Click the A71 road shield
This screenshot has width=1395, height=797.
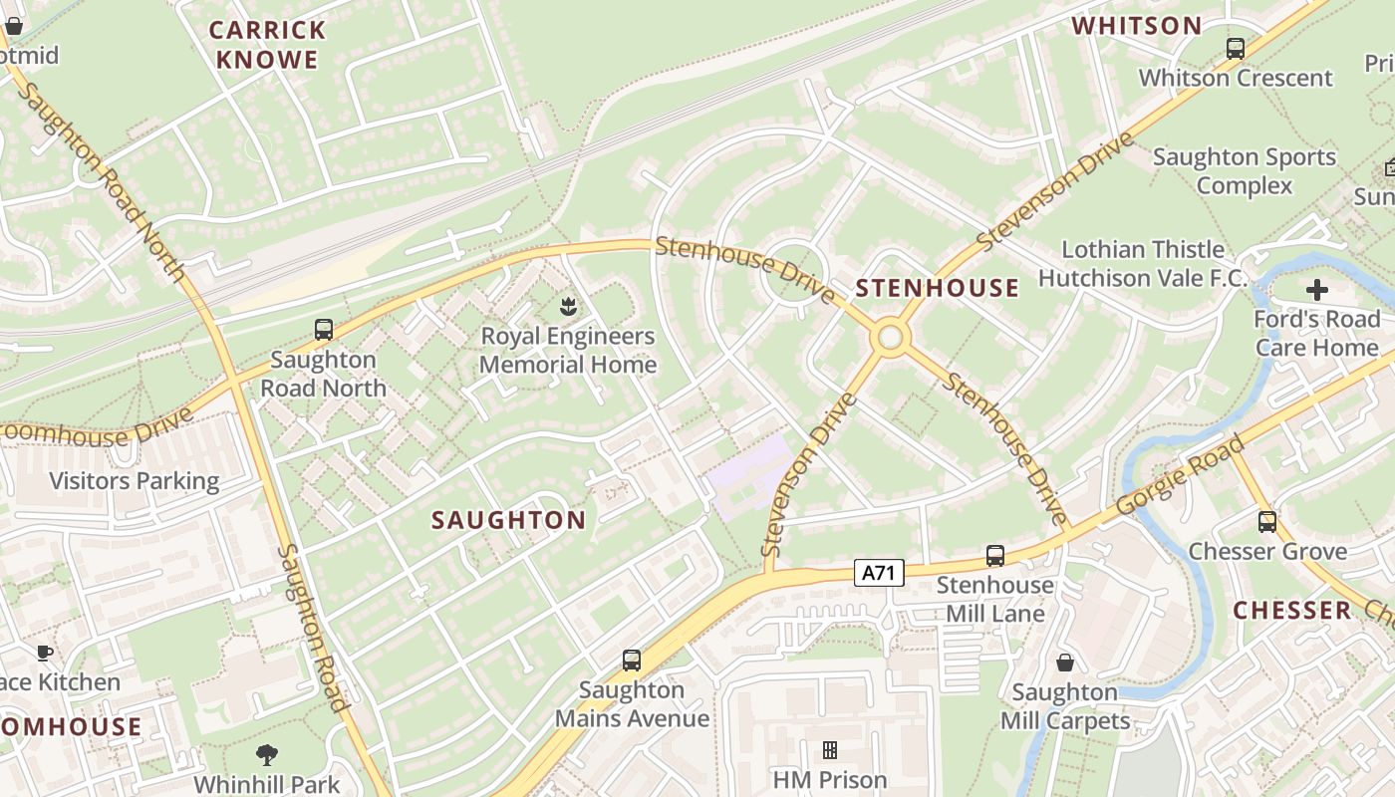click(x=879, y=573)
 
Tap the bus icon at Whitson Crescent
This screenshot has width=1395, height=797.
click(x=1236, y=48)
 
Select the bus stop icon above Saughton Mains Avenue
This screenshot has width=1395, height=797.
click(x=631, y=660)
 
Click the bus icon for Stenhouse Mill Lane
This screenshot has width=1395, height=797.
click(x=994, y=556)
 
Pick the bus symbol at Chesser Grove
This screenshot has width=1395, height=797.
click(x=1266, y=521)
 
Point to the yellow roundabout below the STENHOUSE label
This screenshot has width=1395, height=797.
click(x=890, y=339)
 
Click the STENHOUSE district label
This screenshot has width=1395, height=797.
click(x=938, y=289)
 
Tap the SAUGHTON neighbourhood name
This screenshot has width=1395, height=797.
click(x=508, y=520)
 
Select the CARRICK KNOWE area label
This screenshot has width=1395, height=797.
click(x=267, y=45)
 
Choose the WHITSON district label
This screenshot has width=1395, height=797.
click(x=1136, y=26)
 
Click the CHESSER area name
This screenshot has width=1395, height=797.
click(x=1291, y=611)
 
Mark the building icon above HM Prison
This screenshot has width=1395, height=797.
click(x=829, y=750)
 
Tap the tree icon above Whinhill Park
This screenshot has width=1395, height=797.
click(x=266, y=754)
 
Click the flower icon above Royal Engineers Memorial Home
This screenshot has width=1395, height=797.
click(x=568, y=304)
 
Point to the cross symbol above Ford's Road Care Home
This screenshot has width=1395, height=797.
click(x=1316, y=290)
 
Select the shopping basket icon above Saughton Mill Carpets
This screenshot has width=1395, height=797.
click(x=1064, y=663)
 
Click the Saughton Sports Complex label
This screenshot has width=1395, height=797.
click(x=1244, y=171)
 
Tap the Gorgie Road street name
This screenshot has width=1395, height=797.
click(x=1181, y=476)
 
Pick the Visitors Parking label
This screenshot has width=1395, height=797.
click(x=135, y=481)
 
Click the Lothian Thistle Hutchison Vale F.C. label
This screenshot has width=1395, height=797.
click(x=1142, y=264)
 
